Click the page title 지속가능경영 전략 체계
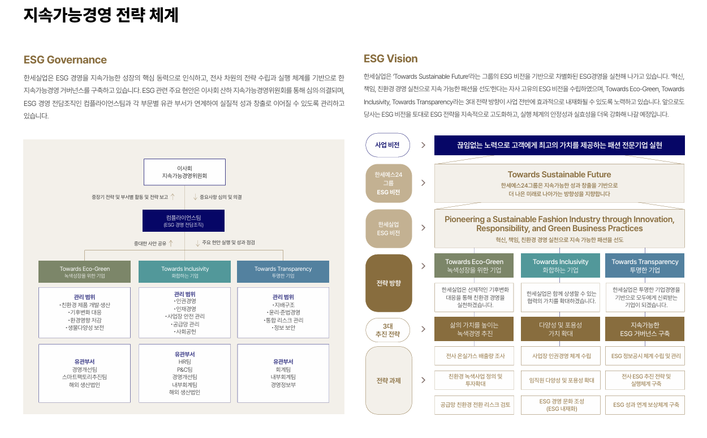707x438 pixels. pyautogui.click(x=101, y=15)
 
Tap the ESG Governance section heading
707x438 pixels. pyautogui.click(x=65, y=60)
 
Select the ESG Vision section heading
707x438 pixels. pyautogui.click(x=390, y=59)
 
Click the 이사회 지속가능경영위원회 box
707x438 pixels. pyautogui.click(x=184, y=172)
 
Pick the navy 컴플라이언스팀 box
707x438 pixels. pyautogui.click(x=183, y=220)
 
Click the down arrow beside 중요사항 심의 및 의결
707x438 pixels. pyautogui.click(x=195, y=197)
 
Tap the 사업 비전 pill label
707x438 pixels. pyautogui.click(x=387, y=145)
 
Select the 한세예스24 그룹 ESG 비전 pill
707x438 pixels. pyautogui.click(x=388, y=183)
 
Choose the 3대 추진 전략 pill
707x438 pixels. pyautogui.click(x=387, y=330)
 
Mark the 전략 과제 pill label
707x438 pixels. pyautogui.click(x=388, y=380)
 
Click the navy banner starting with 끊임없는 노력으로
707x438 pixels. pyautogui.click(x=559, y=145)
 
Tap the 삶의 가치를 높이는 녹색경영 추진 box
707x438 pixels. pyautogui.click(x=474, y=329)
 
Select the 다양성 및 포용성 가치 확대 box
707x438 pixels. pyautogui.click(x=560, y=329)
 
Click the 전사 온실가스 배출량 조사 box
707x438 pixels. pyautogui.click(x=474, y=356)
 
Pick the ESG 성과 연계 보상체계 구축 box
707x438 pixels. pyautogui.click(x=645, y=405)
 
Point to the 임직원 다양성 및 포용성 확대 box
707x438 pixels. pyautogui.click(x=560, y=380)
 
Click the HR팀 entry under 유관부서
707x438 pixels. pyautogui.click(x=184, y=362)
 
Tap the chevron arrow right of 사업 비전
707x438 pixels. pyautogui.click(x=423, y=145)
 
